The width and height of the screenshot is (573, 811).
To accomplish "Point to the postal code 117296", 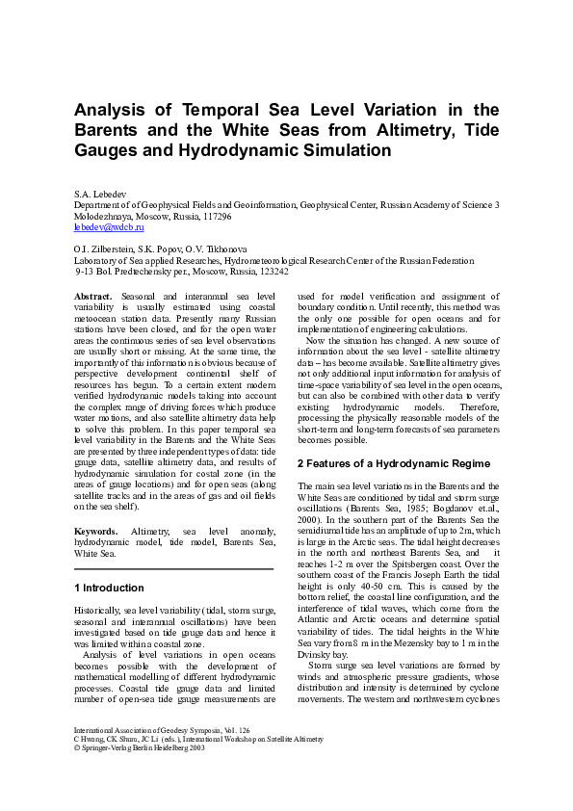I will (x=214, y=217).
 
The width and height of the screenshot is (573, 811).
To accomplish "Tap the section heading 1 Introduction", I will (x=109, y=588).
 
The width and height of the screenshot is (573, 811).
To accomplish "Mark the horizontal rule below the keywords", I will (x=174, y=569).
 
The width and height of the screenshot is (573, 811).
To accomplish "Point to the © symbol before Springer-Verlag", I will (x=78, y=747).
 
